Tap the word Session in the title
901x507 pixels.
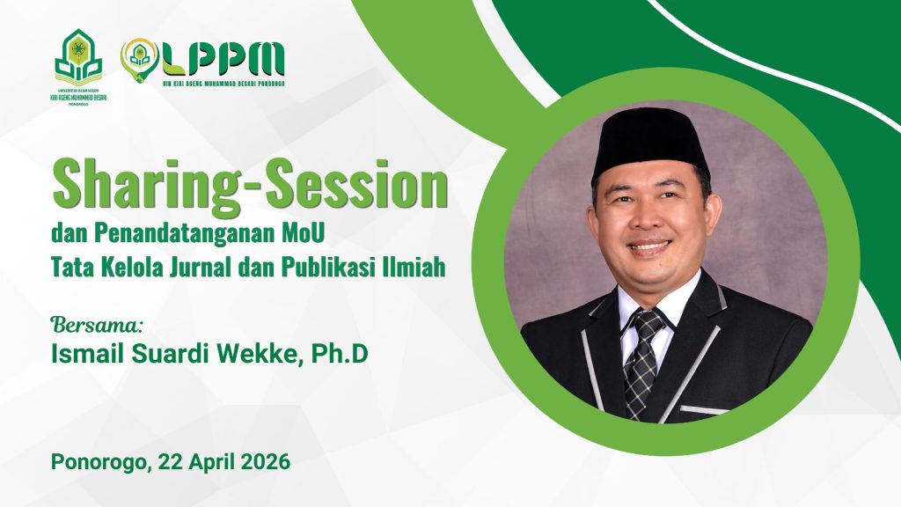click(x=363, y=187)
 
